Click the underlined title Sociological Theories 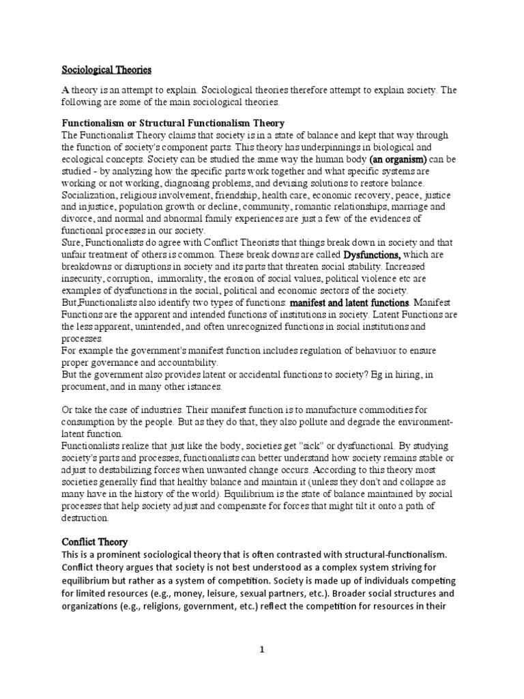[106, 70]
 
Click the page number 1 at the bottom [261, 649]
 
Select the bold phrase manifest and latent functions [350, 302]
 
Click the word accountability [184, 362]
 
